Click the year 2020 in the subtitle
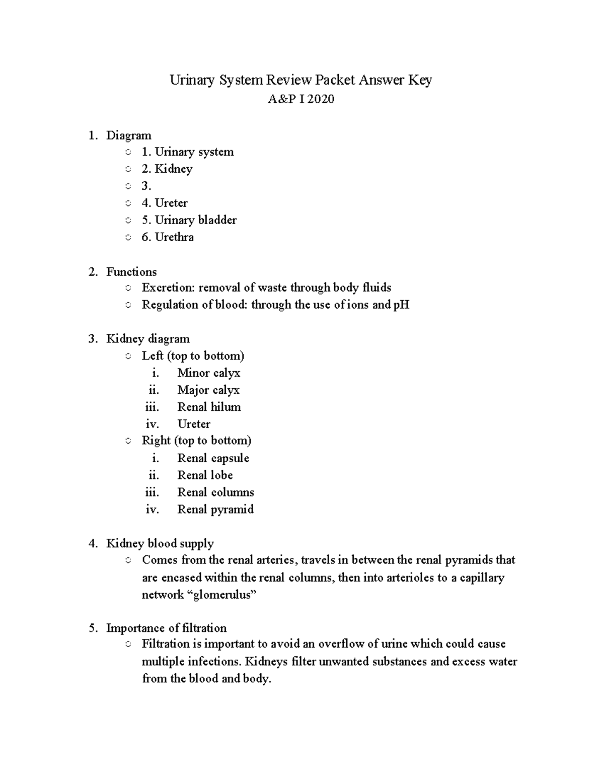click(x=321, y=99)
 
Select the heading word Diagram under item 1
click(x=128, y=135)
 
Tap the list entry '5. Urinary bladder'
click(x=189, y=220)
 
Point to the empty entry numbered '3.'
click(x=146, y=186)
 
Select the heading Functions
click(x=131, y=272)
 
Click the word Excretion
click(x=168, y=288)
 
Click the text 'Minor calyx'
click(x=208, y=373)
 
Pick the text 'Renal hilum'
click(x=209, y=407)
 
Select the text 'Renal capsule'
click(x=213, y=458)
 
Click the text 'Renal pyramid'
click(x=215, y=510)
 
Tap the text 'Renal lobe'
click(x=205, y=475)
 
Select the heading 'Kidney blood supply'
click(x=160, y=544)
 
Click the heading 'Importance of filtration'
click(x=166, y=628)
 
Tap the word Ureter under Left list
click(x=194, y=424)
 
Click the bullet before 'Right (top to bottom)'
click(x=128, y=441)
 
